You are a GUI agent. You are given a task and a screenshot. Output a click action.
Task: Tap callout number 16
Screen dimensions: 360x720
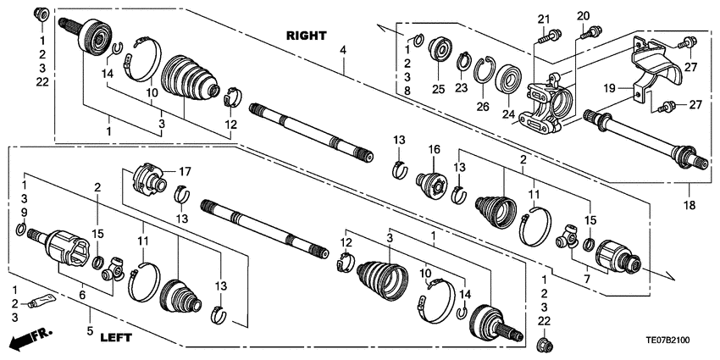[x=435, y=149]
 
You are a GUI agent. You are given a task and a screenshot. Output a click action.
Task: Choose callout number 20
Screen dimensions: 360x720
[x=583, y=16]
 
